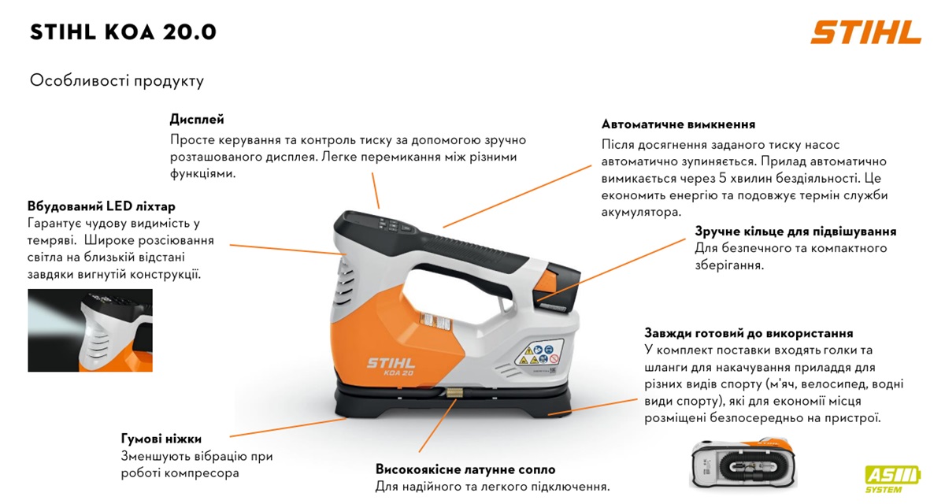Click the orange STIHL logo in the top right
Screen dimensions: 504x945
(x=865, y=32)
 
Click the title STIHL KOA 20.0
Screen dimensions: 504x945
(x=123, y=32)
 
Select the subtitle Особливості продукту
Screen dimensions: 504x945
(x=117, y=80)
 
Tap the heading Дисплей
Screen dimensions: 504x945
(x=197, y=120)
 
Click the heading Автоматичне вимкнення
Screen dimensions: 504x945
(x=678, y=124)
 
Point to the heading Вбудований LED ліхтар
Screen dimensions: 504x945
(x=101, y=206)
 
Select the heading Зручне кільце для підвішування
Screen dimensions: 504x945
(x=795, y=232)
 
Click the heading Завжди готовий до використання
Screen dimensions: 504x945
(x=749, y=333)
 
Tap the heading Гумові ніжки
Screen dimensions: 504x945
(x=161, y=439)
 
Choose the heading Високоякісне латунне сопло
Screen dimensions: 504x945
(x=465, y=469)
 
